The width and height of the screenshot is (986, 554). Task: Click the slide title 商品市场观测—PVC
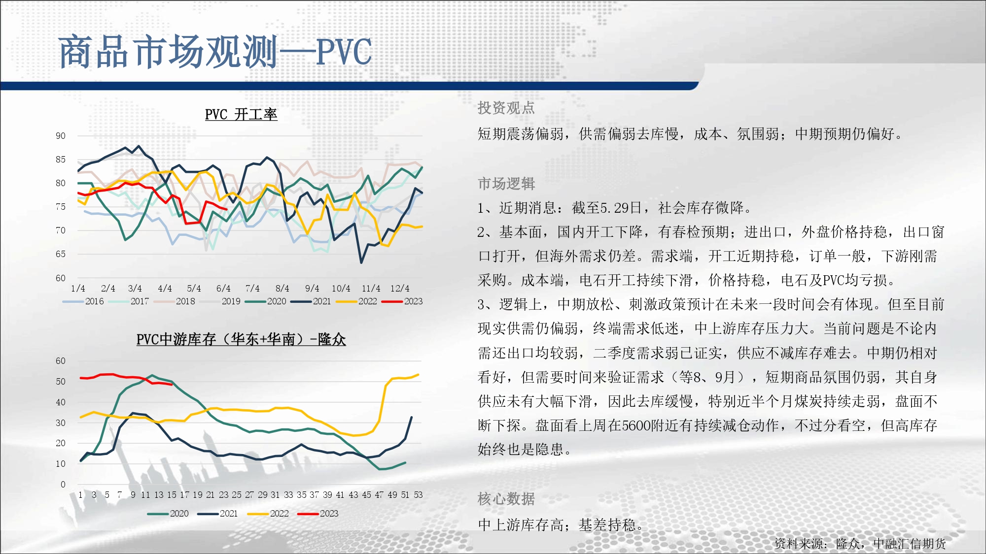pyautogui.click(x=215, y=52)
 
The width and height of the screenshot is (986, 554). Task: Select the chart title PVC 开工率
pyautogui.click(x=241, y=114)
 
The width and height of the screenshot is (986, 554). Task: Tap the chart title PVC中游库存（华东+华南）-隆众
pyautogui.click(x=241, y=339)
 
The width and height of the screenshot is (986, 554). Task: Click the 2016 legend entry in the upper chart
pyautogui.click(x=83, y=301)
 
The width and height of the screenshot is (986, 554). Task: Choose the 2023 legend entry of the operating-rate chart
pyautogui.click(x=402, y=301)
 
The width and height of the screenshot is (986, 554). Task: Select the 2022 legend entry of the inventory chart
pyautogui.click(x=268, y=514)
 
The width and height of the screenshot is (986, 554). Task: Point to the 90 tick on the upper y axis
pyautogui.click(x=60, y=136)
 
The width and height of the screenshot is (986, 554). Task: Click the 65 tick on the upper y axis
pyautogui.click(x=60, y=254)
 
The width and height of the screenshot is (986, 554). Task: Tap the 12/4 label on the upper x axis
pyautogui.click(x=400, y=289)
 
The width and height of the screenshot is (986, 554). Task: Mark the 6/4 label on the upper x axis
pyautogui.click(x=223, y=289)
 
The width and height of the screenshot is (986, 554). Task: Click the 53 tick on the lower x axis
pyautogui.click(x=418, y=495)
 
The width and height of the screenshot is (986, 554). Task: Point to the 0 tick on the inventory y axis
pyautogui.click(x=63, y=485)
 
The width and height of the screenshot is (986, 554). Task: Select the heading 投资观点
pyautogui.click(x=506, y=108)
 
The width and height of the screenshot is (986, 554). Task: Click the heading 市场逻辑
pyautogui.click(x=506, y=184)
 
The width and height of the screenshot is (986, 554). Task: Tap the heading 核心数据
pyautogui.click(x=506, y=499)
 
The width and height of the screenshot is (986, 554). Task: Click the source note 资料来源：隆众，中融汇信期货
pyautogui.click(x=860, y=544)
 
